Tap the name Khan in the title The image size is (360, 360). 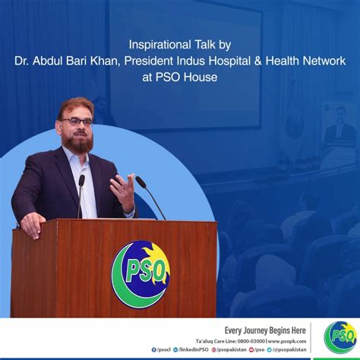pos(147,62)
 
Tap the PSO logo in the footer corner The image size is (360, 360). pos(339,336)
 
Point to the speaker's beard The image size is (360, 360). pos(80,141)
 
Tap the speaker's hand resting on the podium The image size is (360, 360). pos(32,225)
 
